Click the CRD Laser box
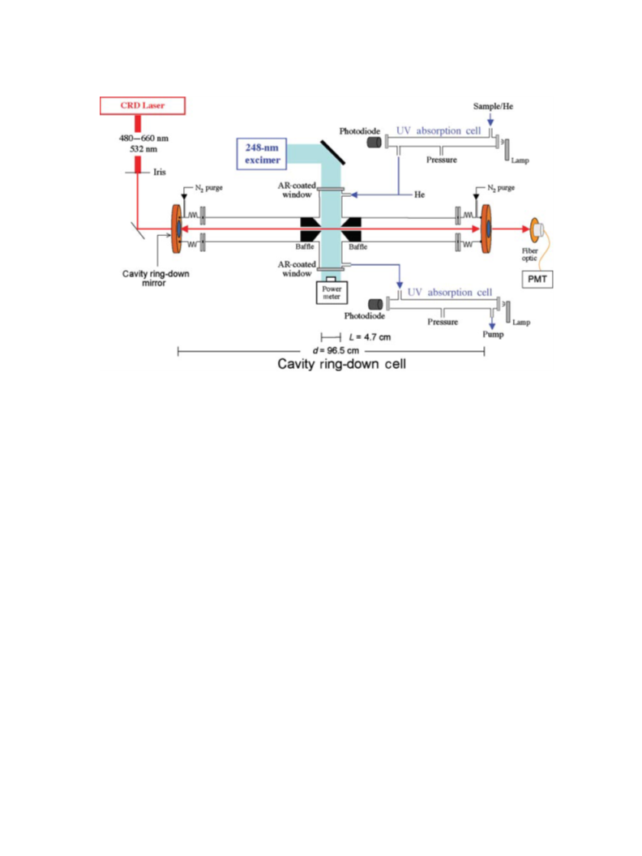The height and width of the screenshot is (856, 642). (x=143, y=105)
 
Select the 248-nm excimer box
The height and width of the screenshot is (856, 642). (x=262, y=154)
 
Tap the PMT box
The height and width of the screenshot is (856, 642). (x=537, y=279)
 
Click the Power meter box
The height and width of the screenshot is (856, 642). (x=332, y=292)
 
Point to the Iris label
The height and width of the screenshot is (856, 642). (x=160, y=172)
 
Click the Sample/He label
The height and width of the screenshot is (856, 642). (x=493, y=106)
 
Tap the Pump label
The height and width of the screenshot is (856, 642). (x=493, y=334)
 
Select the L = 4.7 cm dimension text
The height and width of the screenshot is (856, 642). (x=370, y=337)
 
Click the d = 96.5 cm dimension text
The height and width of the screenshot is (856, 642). (x=336, y=350)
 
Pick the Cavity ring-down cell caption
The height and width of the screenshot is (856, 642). (x=341, y=364)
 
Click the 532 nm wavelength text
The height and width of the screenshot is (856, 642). (x=143, y=148)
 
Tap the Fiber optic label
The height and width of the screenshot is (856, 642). (x=529, y=255)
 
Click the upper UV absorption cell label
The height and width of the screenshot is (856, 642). (x=439, y=131)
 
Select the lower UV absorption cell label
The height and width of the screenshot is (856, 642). (x=450, y=293)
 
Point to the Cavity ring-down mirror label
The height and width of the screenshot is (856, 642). (x=156, y=278)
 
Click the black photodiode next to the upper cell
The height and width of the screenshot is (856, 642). (x=374, y=143)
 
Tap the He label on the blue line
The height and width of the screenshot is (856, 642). (x=419, y=195)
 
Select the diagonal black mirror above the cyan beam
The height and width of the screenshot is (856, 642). (x=332, y=152)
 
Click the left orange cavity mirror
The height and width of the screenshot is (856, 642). (x=177, y=229)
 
